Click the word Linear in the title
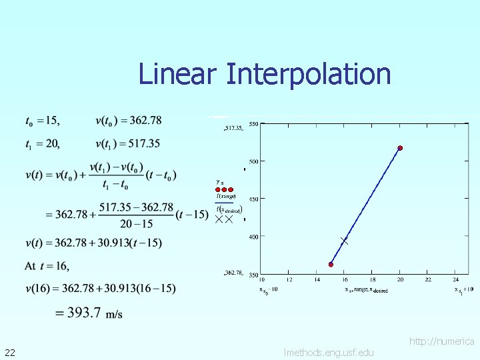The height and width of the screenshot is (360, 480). coord(177,73)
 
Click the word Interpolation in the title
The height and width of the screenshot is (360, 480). coord(308,73)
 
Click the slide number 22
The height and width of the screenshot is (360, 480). coord(10,352)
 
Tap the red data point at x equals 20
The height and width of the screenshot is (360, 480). coord(400,148)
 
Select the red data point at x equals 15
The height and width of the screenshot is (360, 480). coord(331,265)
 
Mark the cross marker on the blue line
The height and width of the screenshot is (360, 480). coord(344,240)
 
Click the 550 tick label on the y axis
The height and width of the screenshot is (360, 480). coord(254,123)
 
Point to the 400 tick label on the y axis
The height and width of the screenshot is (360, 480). coord(254,237)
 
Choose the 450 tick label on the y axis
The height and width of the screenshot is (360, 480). coord(254,199)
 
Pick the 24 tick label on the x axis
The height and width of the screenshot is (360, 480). coord(455,280)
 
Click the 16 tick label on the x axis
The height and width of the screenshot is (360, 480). coord(345,280)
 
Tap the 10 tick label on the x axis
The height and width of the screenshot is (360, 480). coord(261,280)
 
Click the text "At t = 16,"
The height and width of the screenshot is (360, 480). coord(47,266)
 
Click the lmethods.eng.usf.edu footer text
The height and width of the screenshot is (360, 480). coord(329,352)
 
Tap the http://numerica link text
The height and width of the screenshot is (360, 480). coord(442,341)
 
